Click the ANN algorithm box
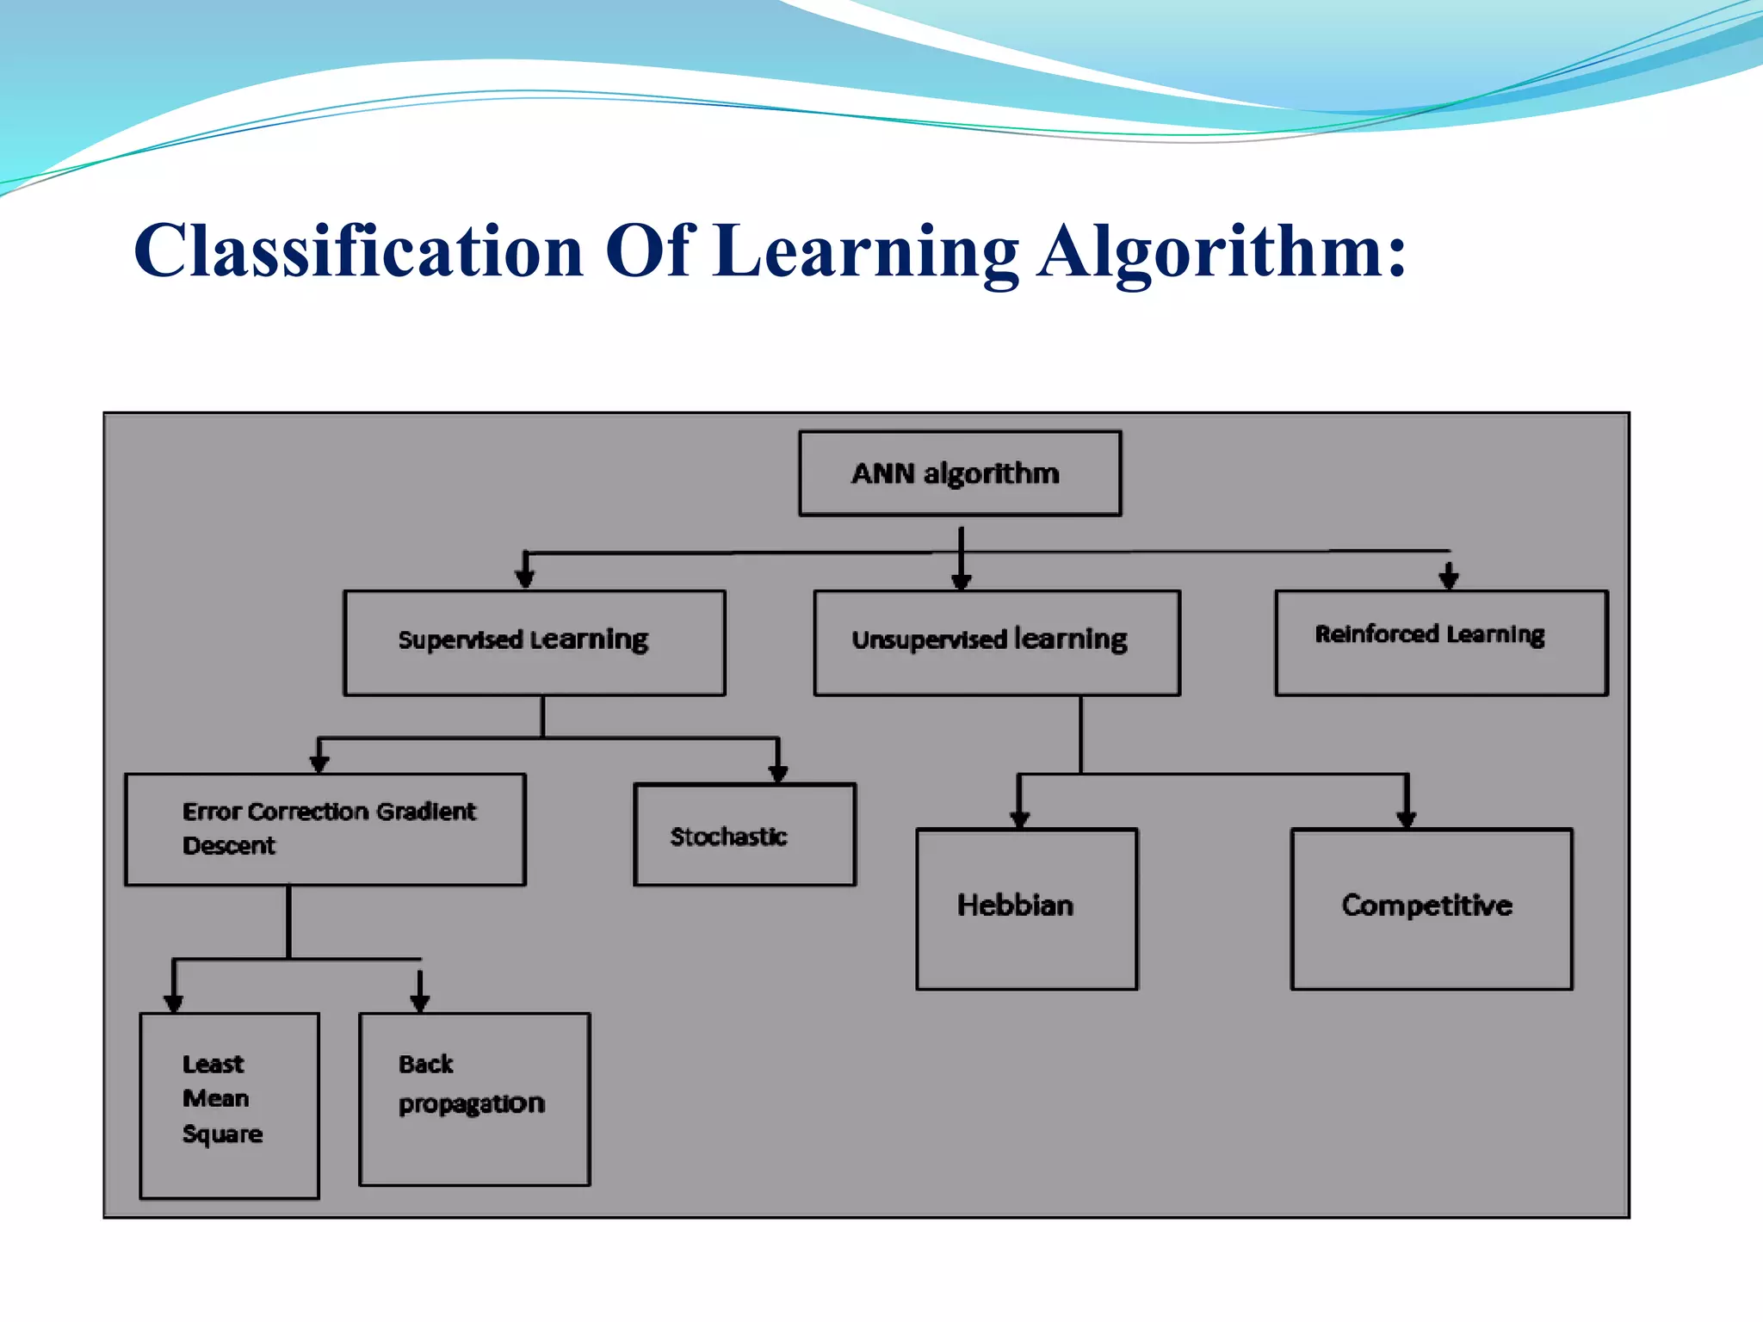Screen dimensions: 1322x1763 [959, 473]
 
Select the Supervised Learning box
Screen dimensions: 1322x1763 [534, 642]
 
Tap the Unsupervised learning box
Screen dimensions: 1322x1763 [996, 642]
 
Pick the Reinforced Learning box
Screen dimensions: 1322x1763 [1440, 642]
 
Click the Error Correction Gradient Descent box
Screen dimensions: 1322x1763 [325, 829]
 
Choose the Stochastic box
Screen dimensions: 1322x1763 [744, 834]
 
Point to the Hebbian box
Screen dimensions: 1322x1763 [1026, 909]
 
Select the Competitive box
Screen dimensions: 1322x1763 [1431, 909]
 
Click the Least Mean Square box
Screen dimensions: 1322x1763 [229, 1105]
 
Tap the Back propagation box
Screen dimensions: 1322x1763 [474, 1099]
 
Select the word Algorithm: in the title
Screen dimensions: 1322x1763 [1221, 251]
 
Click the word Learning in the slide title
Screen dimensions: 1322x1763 [866, 251]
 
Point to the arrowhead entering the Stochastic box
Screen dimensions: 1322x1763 [778, 772]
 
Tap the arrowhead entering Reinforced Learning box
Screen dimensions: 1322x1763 [1449, 579]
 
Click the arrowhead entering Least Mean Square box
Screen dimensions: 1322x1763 [174, 1003]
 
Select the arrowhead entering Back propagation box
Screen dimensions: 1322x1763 [420, 1002]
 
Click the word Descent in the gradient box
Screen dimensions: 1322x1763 [229, 846]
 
